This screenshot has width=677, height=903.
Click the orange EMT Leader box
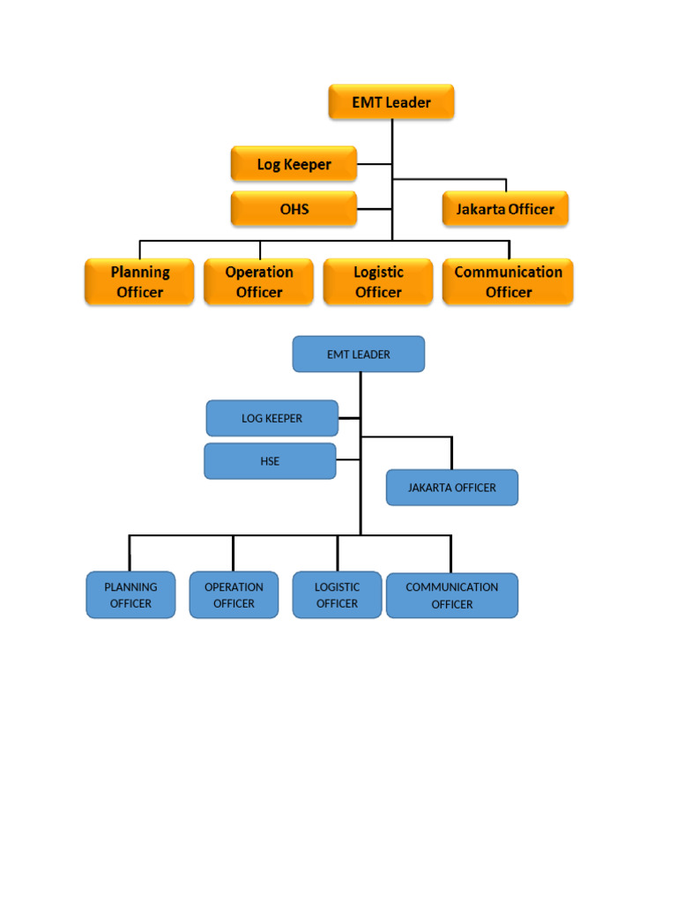(x=391, y=102)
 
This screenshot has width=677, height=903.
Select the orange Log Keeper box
(x=294, y=164)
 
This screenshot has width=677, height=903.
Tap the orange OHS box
(x=294, y=209)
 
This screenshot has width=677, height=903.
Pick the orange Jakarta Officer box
(x=505, y=209)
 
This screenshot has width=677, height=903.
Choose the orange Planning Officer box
(x=139, y=281)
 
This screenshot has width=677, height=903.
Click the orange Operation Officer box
(x=258, y=281)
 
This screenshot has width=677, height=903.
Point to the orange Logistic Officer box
(x=378, y=281)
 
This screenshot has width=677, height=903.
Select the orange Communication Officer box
(x=508, y=281)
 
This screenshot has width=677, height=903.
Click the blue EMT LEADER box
(x=359, y=354)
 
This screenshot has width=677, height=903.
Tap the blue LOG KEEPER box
(x=272, y=418)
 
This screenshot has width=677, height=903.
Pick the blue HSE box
(x=270, y=461)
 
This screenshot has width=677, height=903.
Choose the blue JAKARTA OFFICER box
(x=452, y=488)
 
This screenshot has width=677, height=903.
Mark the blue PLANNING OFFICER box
(x=130, y=595)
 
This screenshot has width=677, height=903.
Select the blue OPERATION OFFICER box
(x=234, y=595)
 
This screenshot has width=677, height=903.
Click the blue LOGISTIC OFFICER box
(x=338, y=595)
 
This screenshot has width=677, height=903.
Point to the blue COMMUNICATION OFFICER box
(x=452, y=595)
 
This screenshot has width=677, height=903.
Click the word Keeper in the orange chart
(x=308, y=164)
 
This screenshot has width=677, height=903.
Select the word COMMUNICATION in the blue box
(x=452, y=586)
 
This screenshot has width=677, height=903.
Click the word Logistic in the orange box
(x=378, y=272)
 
